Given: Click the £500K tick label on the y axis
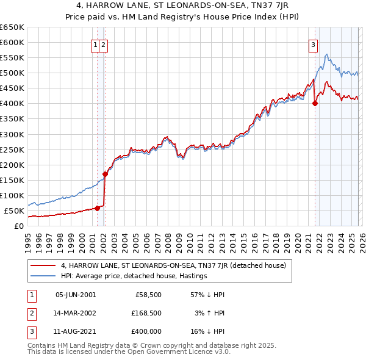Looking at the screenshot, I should (12, 73).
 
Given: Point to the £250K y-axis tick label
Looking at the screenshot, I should (12, 149).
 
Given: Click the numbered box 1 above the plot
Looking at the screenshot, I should (96, 45).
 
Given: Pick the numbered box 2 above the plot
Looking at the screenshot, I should (104, 45).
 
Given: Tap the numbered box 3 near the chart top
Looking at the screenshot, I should (313, 45).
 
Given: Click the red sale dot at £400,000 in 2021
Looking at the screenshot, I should (315, 104).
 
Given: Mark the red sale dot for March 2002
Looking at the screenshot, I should (105, 174).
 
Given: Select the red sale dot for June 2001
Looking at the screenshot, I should (97, 208).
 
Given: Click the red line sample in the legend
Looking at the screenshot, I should (43, 265).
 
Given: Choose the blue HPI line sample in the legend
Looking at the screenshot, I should (43, 276).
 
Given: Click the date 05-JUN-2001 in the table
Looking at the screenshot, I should (76, 294).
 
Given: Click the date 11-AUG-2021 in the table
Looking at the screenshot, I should (76, 331).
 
